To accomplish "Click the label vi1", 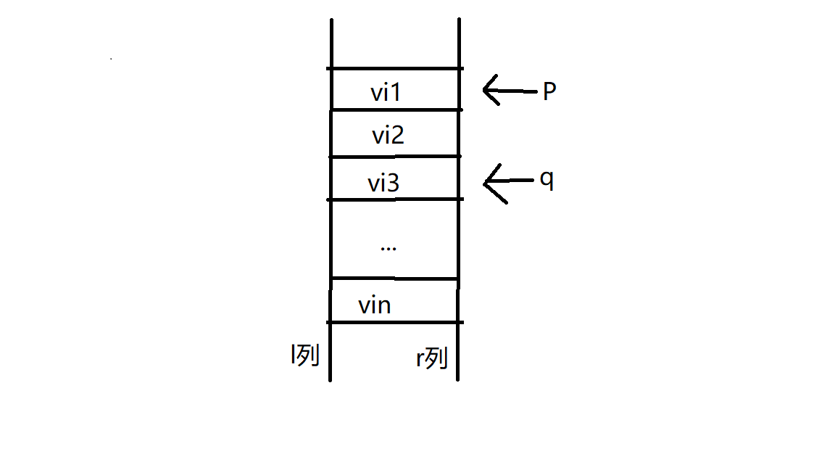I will (386, 93).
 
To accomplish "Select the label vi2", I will (388, 136).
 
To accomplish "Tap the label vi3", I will (383, 184).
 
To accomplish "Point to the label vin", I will (375, 305).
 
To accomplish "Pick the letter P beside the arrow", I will (549, 92).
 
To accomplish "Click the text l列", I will (304, 355).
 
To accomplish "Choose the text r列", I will (431, 358).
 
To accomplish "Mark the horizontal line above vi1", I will (395, 69).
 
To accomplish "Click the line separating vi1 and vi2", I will (395, 110).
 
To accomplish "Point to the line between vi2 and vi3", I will (395, 156).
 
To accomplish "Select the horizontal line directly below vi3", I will (395, 199).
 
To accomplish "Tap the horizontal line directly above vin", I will (395, 278).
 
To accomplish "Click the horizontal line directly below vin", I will (395, 322).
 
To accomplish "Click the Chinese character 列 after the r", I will (437, 358).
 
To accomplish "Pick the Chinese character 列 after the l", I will (308, 355).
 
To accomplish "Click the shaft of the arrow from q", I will (516, 181).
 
